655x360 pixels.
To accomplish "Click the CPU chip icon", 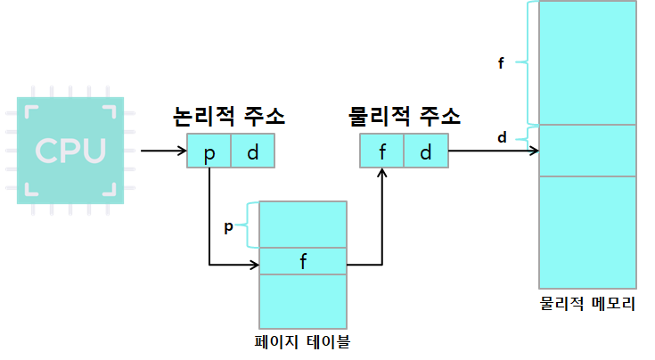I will pyautogui.click(x=70, y=150).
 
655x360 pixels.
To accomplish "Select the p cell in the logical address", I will pyautogui.click(x=209, y=151).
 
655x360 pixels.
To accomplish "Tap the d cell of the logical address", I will pyautogui.click(x=253, y=151).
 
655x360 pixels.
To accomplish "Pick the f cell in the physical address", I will pyautogui.click(x=382, y=151).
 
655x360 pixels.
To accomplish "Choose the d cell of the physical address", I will pyautogui.click(x=426, y=151).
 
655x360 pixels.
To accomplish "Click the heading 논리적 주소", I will pyautogui.click(x=230, y=117).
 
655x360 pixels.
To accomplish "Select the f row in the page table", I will pyautogui.click(x=303, y=262).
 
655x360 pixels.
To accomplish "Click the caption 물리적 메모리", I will pyautogui.click(x=588, y=304).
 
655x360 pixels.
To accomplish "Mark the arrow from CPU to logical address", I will pyautogui.click(x=163, y=151).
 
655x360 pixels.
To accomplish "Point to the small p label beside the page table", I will pyautogui.click(x=228, y=226).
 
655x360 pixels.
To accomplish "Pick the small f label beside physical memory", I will pyautogui.click(x=502, y=63).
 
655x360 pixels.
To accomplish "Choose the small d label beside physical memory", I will pyautogui.click(x=502, y=137).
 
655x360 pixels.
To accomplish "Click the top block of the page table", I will pyautogui.click(x=303, y=225).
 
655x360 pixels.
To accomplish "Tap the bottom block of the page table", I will pyautogui.click(x=303, y=300).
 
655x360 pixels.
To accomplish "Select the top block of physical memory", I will pyautogui.click(x=588, y=62).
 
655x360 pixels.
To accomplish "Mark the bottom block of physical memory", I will pyautogui.click(x=588, y=232).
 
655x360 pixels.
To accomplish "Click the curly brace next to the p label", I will pyautogui.click(x=249, y=225).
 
